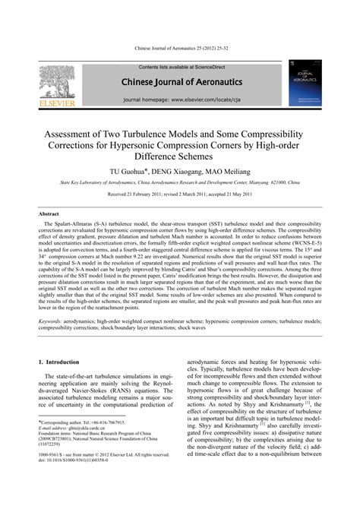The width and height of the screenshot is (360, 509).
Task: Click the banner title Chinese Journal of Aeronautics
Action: (179, 81)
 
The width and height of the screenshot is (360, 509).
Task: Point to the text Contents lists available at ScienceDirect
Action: (179, 68)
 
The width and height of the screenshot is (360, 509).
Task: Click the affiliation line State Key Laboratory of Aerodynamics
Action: (179, 183)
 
